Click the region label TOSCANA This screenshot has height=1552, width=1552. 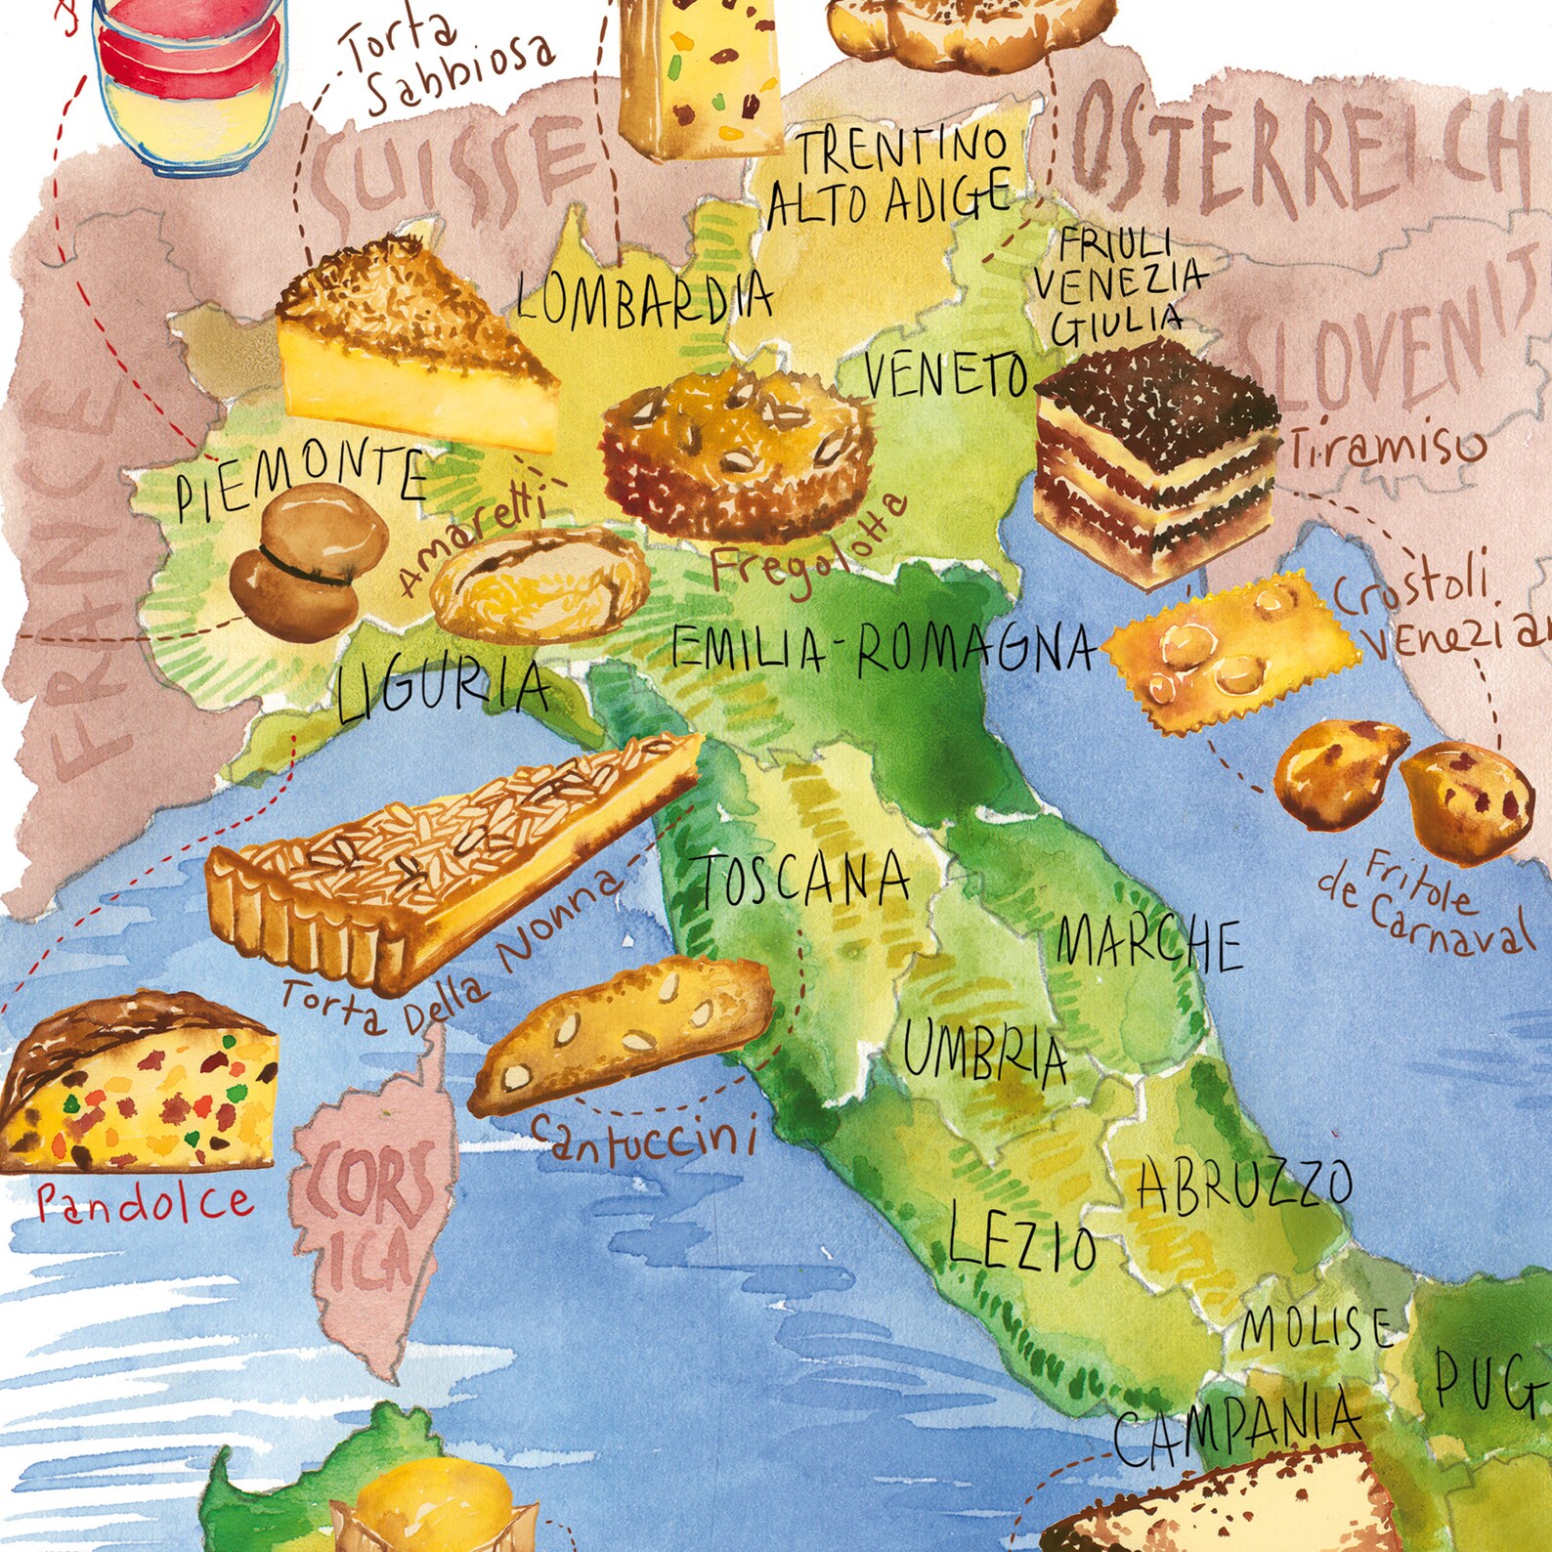click(803, 880)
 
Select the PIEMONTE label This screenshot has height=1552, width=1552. click(301, 481)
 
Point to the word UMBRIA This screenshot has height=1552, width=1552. click(984, 1051)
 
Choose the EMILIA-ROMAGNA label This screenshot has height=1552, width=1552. click(884, 649)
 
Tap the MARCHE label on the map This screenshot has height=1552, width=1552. click(1149, 943)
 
